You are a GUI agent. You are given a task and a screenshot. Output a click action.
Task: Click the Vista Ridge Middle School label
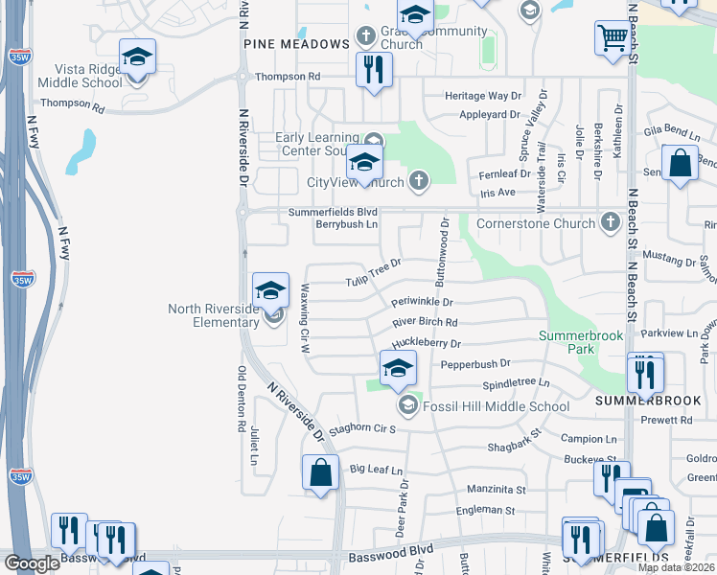[81, 77]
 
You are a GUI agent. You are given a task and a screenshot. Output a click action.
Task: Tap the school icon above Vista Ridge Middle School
[137, 57]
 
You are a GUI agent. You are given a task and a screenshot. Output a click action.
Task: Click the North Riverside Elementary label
[213, 315]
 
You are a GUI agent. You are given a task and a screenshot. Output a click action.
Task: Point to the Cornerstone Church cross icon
[611, 222]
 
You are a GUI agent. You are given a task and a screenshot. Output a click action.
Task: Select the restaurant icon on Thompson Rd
[374, 69]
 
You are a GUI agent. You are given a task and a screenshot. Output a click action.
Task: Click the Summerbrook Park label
[581, 343]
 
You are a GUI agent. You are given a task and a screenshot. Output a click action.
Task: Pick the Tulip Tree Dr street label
[373, 273]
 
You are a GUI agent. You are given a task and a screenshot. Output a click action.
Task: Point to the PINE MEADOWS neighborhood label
[296, 44]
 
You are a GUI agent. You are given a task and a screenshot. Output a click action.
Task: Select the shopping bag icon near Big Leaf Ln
[320, 472]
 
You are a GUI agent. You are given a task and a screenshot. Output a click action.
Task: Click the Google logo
[31, 563]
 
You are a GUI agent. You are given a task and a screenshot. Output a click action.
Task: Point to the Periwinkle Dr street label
[422, 302]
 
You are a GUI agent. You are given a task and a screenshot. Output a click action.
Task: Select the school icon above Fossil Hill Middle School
[398, 368]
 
